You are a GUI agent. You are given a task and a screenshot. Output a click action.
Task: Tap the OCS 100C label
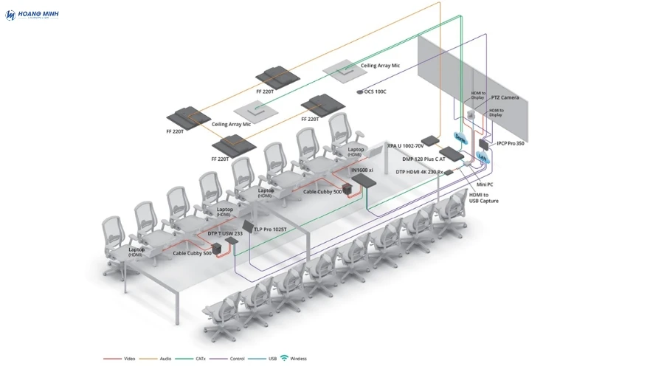[375, 92]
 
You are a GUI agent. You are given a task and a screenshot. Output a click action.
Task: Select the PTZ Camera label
[505, 97]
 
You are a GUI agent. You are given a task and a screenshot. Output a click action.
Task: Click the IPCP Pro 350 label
[511, 143]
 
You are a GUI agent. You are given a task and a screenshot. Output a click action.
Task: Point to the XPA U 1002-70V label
[406, 146]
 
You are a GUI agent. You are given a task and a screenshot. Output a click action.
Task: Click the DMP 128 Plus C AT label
[424, 159]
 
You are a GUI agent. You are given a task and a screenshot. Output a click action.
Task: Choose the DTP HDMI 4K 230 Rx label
[419, 172]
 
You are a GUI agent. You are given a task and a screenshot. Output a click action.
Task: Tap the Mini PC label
[485, 184]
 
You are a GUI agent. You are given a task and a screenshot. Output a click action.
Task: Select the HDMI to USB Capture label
[484, 198]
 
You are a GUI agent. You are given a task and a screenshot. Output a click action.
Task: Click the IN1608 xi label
[362, 170]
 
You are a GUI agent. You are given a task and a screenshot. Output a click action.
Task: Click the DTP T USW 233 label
[225, 233]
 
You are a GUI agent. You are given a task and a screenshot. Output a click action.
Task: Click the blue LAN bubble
[483, 156]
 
